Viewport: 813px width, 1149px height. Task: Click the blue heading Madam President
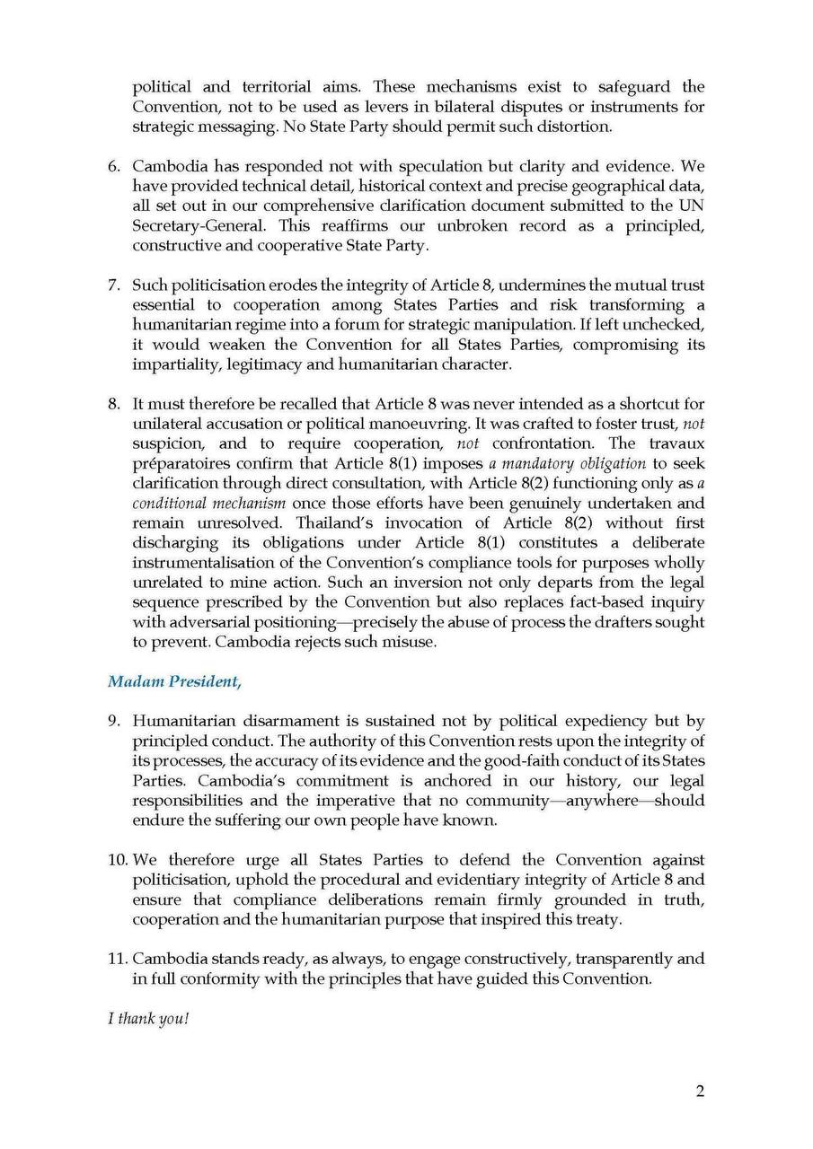tap(174, 681)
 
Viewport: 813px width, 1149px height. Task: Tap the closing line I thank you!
tap(148, 1020)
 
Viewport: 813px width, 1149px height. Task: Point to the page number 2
tap(700, 1092)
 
